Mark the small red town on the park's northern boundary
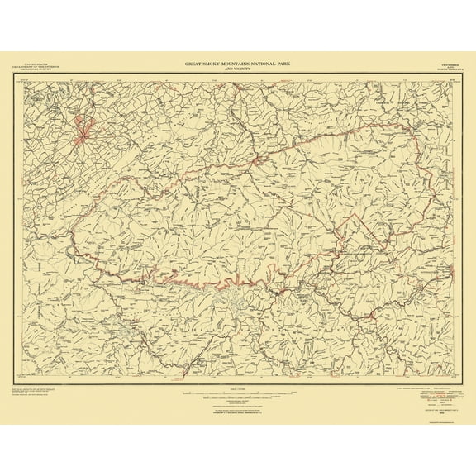coord(259,159)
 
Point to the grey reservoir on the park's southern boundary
coord(223,291)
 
